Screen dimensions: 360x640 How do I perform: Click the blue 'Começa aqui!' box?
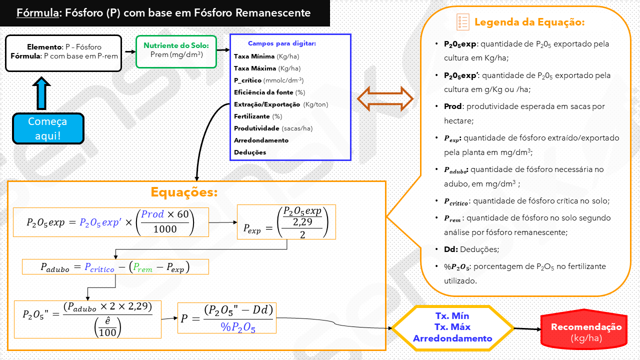(48, 128)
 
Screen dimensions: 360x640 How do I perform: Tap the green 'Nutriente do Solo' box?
(176, 51)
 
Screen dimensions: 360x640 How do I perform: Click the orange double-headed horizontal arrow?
(385, 98)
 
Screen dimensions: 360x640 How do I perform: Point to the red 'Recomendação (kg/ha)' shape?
(586, 331)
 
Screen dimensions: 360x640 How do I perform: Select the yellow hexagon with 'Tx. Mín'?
(452, 327)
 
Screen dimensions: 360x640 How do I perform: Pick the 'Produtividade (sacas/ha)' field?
(273, 128)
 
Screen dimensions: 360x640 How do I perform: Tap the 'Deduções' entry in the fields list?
(250, 152)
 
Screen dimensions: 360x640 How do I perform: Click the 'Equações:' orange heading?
(184, 192)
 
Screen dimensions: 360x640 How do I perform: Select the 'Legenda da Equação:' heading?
(529, 22)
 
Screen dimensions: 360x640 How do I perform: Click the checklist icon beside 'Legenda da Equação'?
(463, 22)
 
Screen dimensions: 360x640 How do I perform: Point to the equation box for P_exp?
(286, 222)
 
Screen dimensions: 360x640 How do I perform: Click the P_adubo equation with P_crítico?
(115, 267)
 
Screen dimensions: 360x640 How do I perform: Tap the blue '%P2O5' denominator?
(238, 327)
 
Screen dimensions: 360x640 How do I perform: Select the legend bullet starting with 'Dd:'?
(471, 249)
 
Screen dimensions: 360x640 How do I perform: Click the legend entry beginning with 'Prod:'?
(524, 113)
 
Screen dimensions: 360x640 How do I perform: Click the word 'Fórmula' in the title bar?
(37, 13)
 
